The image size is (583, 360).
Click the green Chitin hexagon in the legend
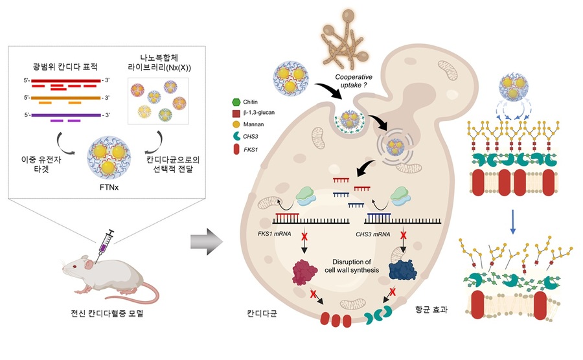[x=234, y=102]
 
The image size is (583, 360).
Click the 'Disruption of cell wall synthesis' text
[x=350, y=265]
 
